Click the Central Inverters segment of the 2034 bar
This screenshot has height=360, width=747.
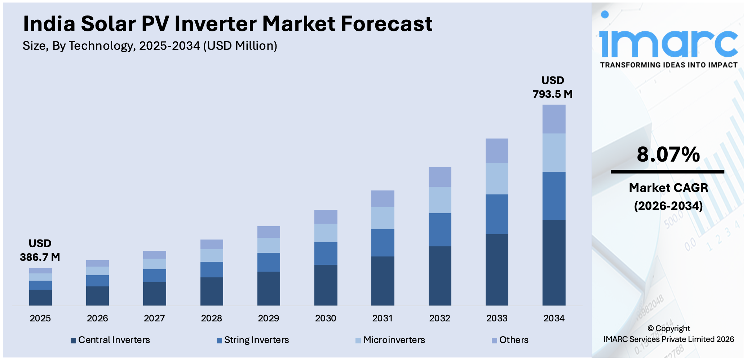pyautogui.click(x=554, y=262)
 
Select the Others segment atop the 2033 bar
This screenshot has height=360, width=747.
pyautogui.click(x=497, y=150)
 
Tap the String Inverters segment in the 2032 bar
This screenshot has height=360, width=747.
pyautogui.click(x=440, y=229)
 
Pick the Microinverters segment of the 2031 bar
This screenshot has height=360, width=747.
pyautogui.click(x=383, y=218)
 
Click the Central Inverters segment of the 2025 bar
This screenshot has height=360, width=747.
pyautogui.click(x=40, y=297)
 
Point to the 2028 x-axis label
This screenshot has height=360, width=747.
pyautogui.click(x=211, y=318)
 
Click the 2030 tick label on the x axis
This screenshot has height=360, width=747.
pyautogui.click(x=326, y=318)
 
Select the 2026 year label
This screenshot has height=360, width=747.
pyautogui.click(x=97, y=318)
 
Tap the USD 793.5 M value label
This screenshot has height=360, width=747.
pyautogui.click(x=552, y=87)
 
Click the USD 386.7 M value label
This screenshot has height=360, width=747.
pyautogui.click(x=40, y=250)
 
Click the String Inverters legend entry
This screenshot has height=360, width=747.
pyautogui.click(x=253, y=340)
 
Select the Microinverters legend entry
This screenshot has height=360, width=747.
pyautogui.click(x=390, y=340)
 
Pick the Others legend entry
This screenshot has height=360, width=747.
pyautogui.click(x=510, y=340)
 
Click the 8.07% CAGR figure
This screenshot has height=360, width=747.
pyautogui.click(x=668, y=154)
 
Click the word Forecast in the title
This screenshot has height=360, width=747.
pyautogui.click(x=386, y=24)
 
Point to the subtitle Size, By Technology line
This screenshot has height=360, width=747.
pyautogui.click(x=150, y=46)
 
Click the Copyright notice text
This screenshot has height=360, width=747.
pyautogui.click(x=668, y=334)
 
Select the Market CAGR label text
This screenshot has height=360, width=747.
pyautogui.click(x=668, y=188)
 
